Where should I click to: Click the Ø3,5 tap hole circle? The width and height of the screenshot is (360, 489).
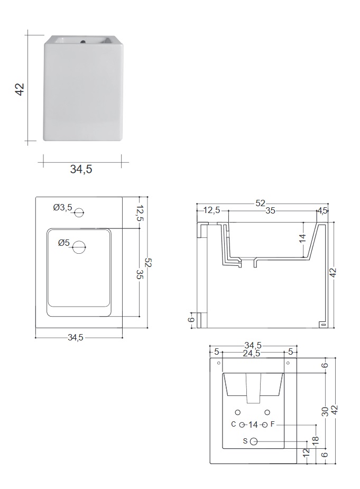pyautogui.click(x=79, y=213)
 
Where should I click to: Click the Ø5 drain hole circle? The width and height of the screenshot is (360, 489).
pyautogui.click(x=79, y=247)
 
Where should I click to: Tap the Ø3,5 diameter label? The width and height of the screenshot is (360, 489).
pyautogui.click(x=63, y=207)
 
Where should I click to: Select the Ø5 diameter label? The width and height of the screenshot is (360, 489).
pyautogui.click(x=64, y=242)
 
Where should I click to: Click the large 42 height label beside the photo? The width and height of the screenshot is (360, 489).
pyautogui.click(x=20, y=89)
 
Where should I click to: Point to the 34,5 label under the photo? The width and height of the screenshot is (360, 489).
pyautogui.click(x=81, y=169)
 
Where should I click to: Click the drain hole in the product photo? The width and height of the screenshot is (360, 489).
pyautogui.click(x=83, y=41)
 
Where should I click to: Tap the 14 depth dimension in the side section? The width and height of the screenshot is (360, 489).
pyautogui.click(x=302, y=238)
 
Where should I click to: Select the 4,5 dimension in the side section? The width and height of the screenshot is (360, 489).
pyautogui.click(x=322, y=211)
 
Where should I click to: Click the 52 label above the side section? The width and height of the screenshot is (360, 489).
pyautogui.click(x=260, y=203)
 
